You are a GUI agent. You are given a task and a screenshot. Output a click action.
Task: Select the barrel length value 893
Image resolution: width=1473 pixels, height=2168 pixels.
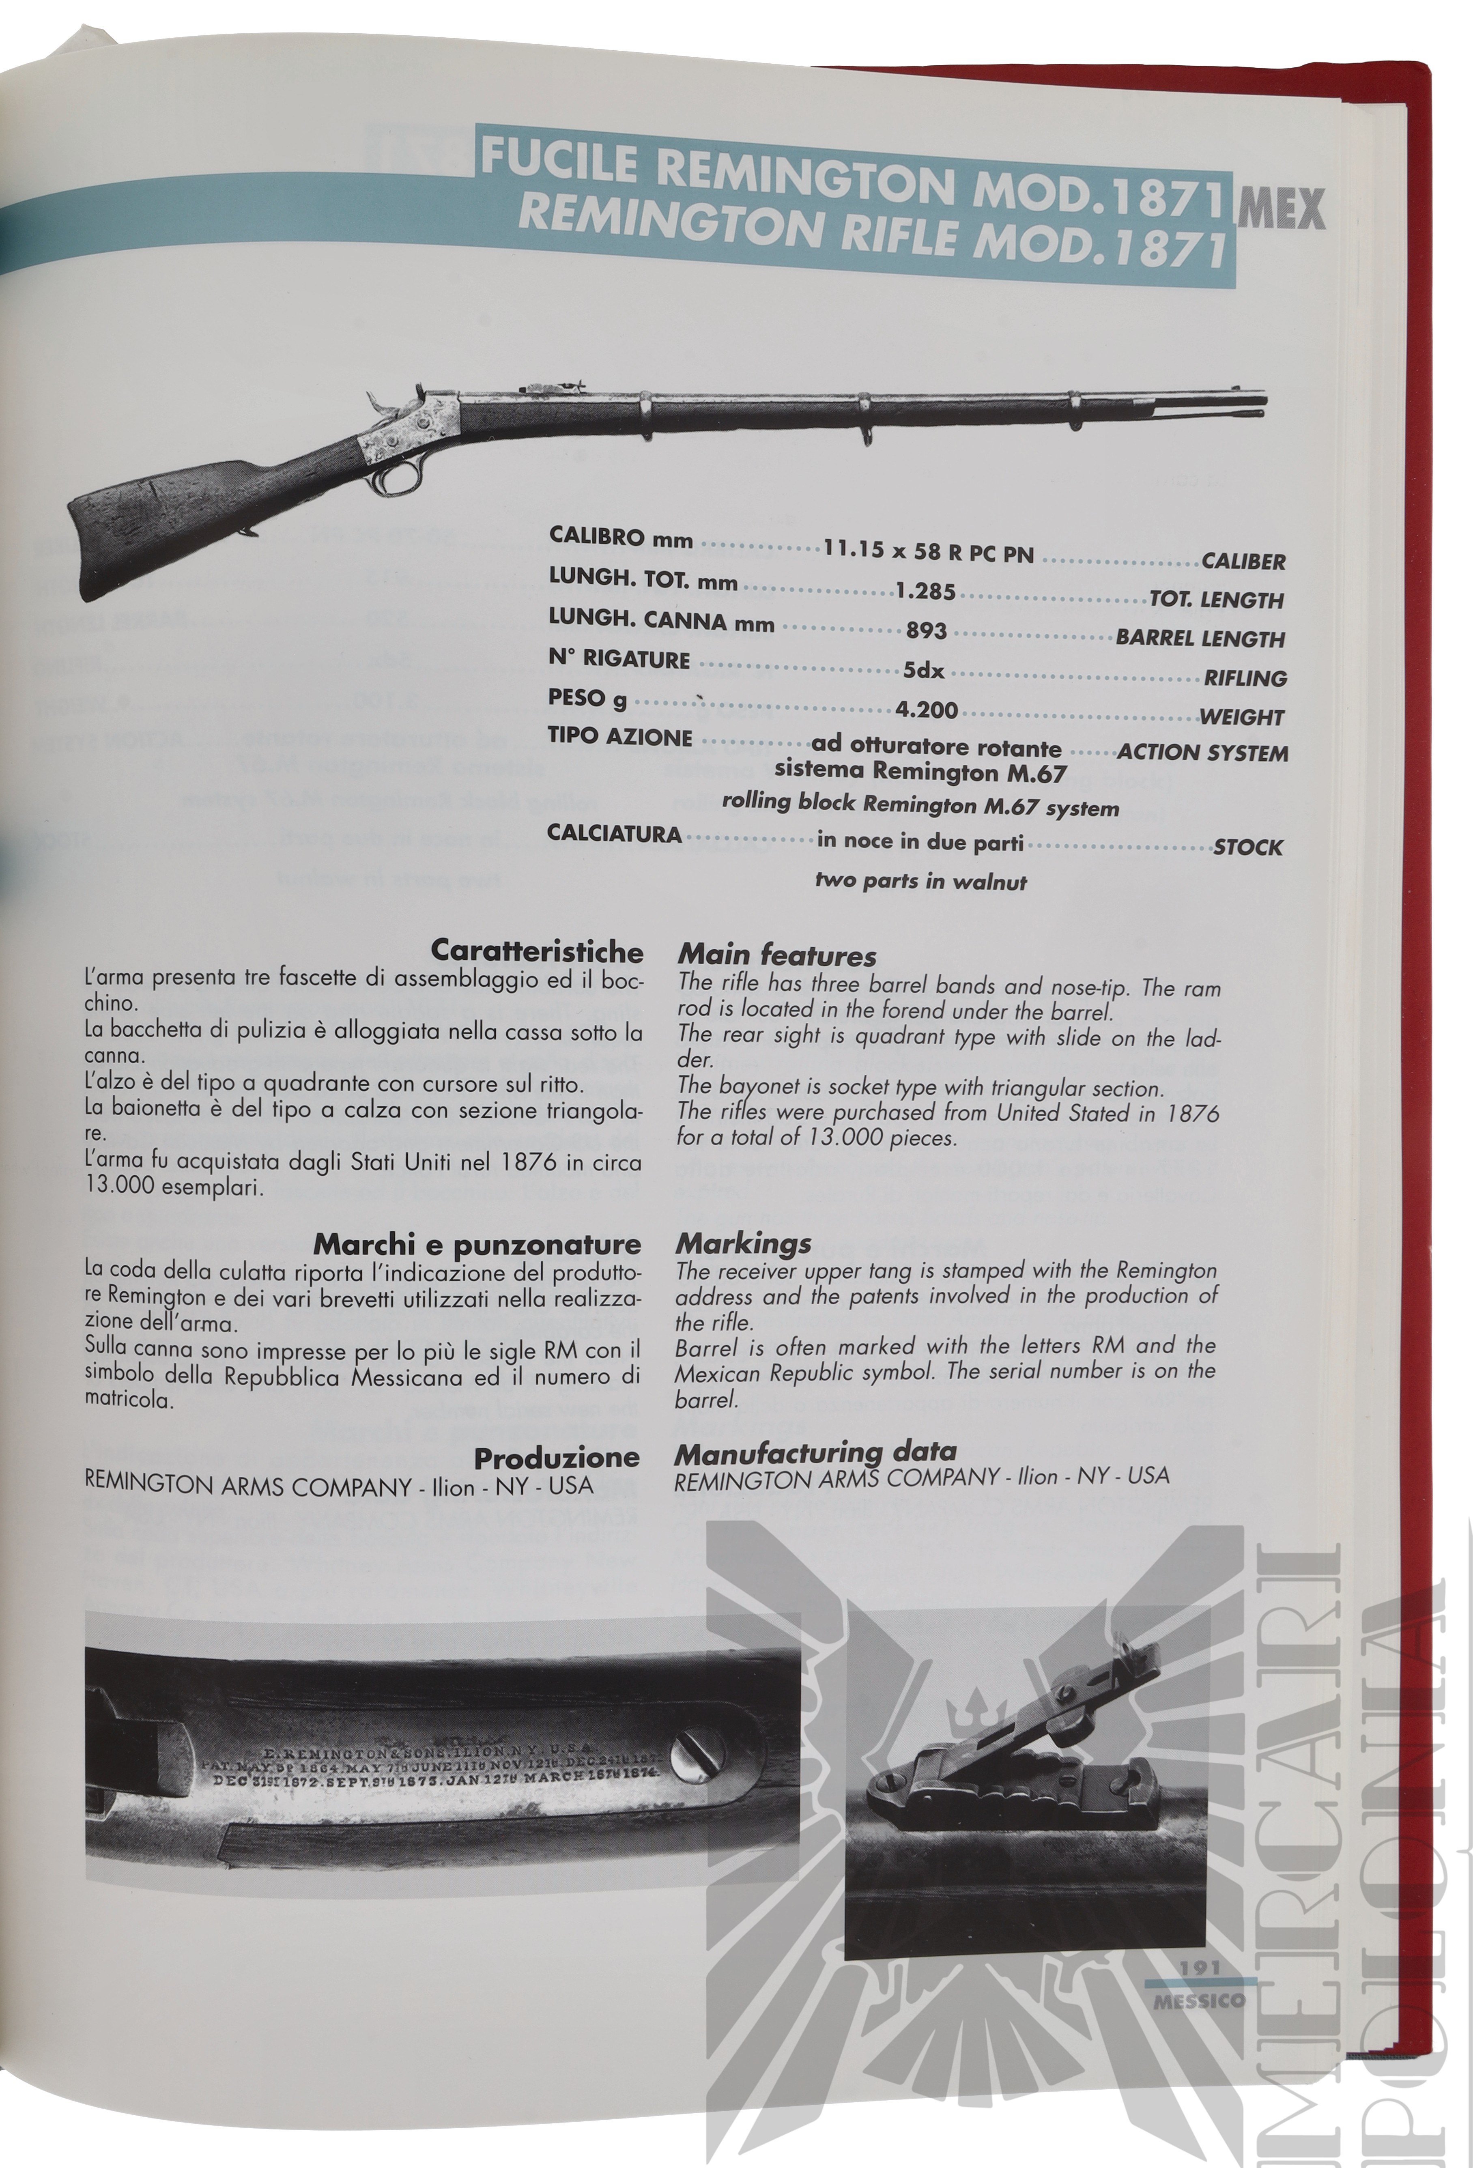[x=926, y=630]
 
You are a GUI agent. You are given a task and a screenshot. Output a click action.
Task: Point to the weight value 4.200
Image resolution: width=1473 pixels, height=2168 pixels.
[x=926, y=710]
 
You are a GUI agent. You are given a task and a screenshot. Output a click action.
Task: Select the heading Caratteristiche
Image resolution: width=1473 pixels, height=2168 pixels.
[x=536, y=953]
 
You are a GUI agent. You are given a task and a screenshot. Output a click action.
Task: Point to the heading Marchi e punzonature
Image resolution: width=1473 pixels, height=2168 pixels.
[x=477, y=1243]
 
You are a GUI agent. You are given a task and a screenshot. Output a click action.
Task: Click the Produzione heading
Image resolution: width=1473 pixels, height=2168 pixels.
[x=557, y=1457]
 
